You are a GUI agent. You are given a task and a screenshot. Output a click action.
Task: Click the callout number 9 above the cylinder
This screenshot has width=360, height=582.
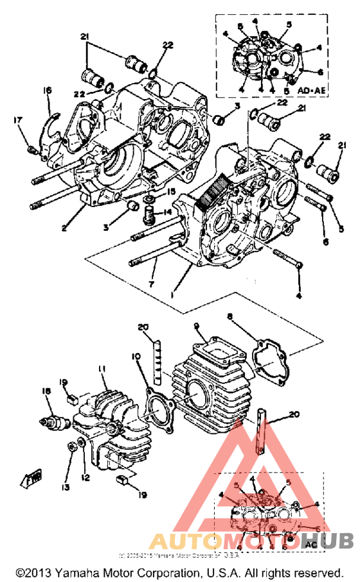tap(197, 325)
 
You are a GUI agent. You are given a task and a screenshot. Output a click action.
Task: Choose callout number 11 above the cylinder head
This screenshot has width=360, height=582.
tap(101, 368)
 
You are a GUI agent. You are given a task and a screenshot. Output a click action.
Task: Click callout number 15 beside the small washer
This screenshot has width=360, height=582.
tap(171, 192)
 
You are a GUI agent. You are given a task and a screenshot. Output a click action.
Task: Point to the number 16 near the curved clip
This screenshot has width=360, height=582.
tap(47, 91)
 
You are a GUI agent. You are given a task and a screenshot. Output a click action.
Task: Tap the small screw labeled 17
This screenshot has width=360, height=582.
tap(31, 150)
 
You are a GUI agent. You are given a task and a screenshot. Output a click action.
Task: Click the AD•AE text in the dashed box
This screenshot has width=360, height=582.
tap(312, 91)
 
